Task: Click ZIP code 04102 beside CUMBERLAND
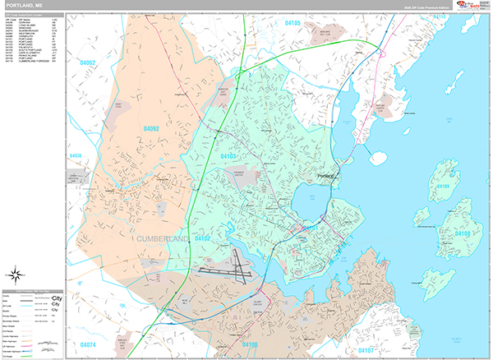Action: [202, 238]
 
